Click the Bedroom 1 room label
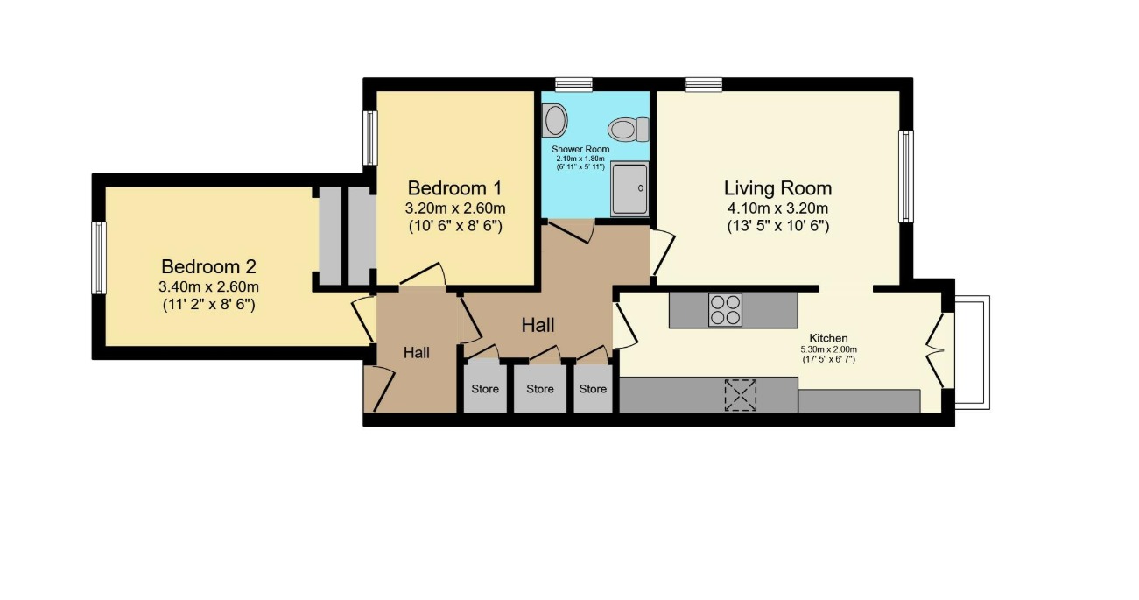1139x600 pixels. [455, 188]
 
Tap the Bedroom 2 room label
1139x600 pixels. [209, 266]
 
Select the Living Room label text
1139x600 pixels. [777, 188]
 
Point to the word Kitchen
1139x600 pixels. [828, 338]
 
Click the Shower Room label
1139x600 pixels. [580, 150]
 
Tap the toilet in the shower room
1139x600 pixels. [627, 130]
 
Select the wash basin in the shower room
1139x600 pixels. [553, 120]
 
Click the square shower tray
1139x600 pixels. [629, 188]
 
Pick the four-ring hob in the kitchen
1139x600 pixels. [725, 310]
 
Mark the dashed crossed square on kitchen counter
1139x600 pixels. [741, 394]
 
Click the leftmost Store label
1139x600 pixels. [485, 389]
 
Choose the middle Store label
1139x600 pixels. [540, 389]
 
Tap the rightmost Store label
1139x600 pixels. [593, 389]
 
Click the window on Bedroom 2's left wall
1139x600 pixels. [99, 258]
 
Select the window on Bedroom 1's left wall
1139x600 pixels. [370, 138]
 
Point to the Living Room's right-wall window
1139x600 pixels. [906, 176]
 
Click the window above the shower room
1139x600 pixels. [573, 84]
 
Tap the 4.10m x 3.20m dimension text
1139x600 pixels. [777, 208]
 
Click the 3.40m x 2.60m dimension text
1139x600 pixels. [209, 286]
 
